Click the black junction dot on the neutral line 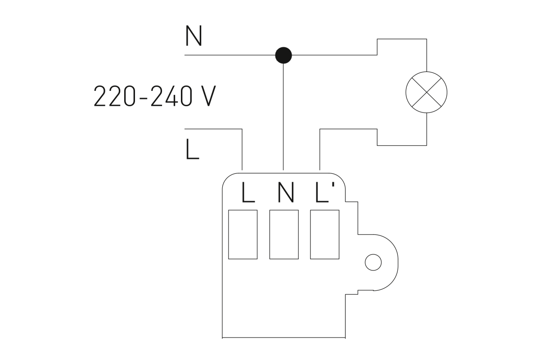tap(283, 55)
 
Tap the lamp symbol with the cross tap(426, 92)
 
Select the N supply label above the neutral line tap(193, 36)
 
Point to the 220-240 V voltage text tap(153, 96)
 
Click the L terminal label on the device tap(248, 193)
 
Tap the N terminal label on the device tap(286, 193)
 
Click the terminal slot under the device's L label tap(243, 234)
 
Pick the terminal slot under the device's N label tap(284, 234)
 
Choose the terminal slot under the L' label tap(324, 234)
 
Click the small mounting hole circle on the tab tap(373, 262)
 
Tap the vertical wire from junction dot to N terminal tap(283, 117)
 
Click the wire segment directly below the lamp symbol tap(426, 128)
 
